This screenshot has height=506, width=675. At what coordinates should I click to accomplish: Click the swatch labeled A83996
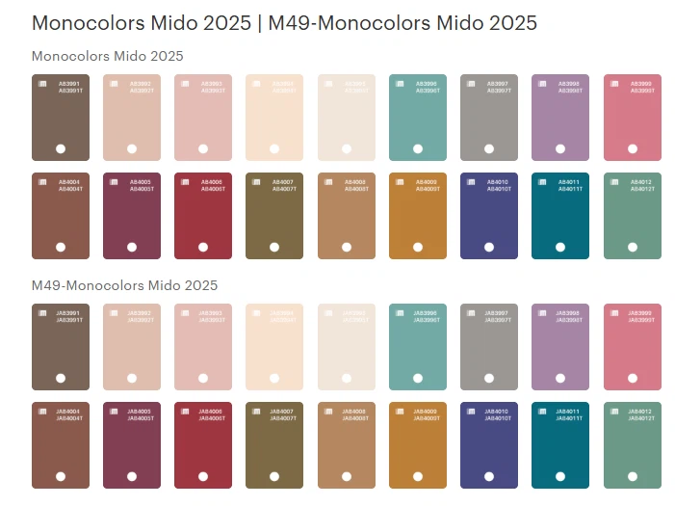coord(417,118)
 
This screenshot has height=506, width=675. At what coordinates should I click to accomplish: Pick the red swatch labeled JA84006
coord(203,445)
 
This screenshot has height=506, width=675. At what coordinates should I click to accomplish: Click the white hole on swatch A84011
coord(560,247)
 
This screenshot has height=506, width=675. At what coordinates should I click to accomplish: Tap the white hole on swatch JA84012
coord(632,476)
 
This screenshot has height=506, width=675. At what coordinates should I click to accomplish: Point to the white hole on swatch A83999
coord(632,148)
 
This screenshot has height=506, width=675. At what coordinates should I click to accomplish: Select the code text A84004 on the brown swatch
coord(70,180)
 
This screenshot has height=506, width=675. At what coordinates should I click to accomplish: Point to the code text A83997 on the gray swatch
coord(499,84)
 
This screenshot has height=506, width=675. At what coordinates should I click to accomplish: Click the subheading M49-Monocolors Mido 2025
coord(124,285)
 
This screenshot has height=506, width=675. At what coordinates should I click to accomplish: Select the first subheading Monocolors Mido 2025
coord(107,56)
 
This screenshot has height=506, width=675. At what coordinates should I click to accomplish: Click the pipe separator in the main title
coord(259,23)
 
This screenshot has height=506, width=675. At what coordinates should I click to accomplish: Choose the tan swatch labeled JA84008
coord(346,445)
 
